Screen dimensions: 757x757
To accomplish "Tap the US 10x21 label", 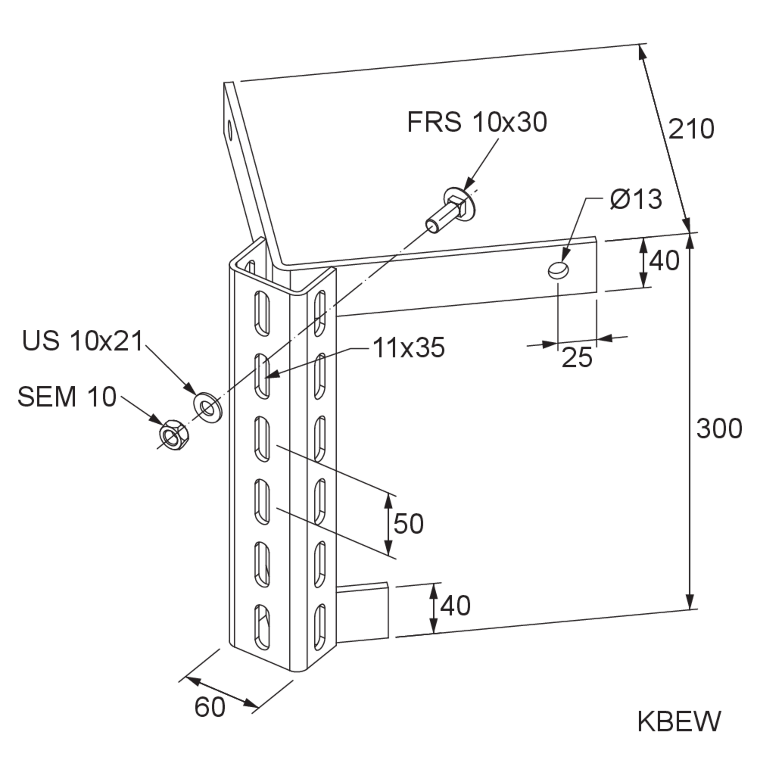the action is pos(83,341).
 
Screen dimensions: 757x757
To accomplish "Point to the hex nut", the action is pos(174,435).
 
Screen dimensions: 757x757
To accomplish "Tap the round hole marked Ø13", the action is pos(559,270).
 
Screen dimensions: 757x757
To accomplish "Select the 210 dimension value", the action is pos(691,129).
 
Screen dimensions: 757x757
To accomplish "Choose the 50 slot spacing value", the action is pos(409,524).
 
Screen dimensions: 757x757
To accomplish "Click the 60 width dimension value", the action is pos(210,707).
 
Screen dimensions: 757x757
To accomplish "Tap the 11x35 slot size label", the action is pos(409,348).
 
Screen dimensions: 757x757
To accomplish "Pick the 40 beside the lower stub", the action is pos(455,605).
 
